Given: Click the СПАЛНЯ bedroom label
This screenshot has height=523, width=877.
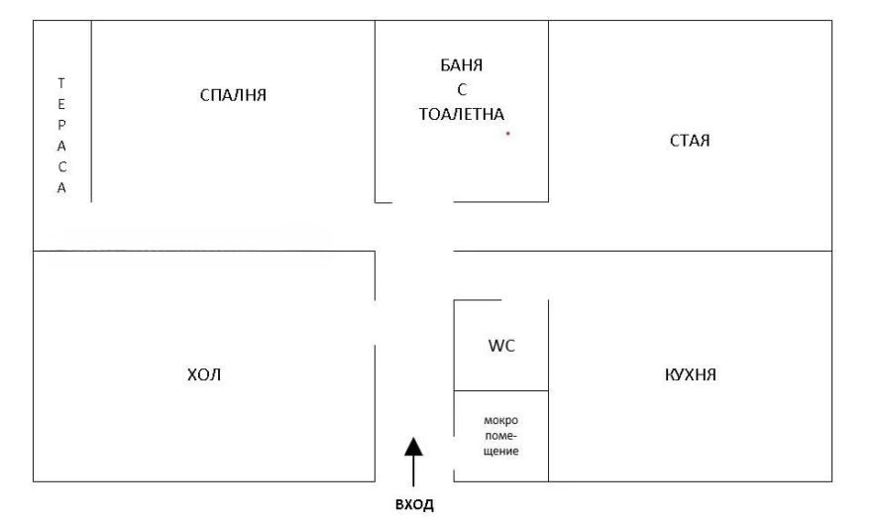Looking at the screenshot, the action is (233, 95).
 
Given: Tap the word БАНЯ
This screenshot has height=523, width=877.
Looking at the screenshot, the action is (462, 65).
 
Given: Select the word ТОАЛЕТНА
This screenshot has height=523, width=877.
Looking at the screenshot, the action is (462, 114).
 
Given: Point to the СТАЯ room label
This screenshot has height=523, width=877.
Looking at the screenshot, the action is (690, 141).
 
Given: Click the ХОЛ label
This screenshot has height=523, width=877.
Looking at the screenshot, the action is (204, 374).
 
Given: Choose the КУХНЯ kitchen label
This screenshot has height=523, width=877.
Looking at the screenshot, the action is (690, 374).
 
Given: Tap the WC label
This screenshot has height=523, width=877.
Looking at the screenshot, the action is (501, 346).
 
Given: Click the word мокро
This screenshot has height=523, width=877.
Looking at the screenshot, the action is (500, 420).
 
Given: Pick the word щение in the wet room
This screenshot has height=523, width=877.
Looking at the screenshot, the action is (501, 451).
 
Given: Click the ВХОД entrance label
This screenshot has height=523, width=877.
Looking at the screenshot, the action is (414, 504).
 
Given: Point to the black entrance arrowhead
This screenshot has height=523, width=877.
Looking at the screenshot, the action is (413, 446).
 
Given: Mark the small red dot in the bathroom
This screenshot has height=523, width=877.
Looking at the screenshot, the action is (507, 133).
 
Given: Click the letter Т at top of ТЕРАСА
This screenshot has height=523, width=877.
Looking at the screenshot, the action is (61, 83).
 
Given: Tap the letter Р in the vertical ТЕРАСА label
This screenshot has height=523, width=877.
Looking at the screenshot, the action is (61, 125).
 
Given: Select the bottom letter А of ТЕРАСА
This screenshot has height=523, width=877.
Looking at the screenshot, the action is (61, 188).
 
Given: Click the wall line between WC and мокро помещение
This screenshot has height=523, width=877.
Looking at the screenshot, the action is (501, 390).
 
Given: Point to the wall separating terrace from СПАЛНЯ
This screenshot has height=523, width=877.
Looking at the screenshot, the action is (91, 111).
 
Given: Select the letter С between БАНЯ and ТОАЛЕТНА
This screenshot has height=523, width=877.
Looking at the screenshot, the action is (462, 89).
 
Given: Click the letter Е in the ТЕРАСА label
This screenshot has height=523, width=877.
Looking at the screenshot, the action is (61, 104).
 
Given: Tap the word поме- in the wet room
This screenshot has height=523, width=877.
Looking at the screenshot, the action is (500, 436).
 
